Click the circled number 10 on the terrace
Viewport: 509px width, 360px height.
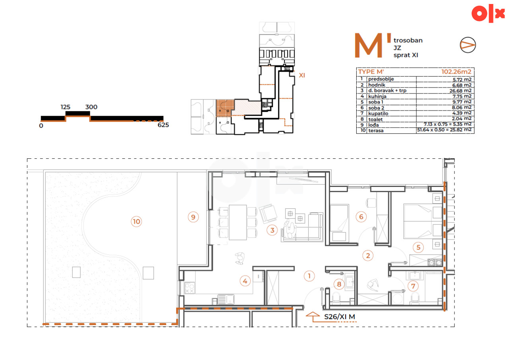[x=136, y=221]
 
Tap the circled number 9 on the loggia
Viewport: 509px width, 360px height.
[x=193, y=217]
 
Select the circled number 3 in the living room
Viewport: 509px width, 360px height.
[x=272, y=230]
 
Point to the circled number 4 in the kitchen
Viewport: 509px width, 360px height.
[x=245, y=281]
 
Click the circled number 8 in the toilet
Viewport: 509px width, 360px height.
[x=339, y=284]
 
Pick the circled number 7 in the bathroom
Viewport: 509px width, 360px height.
[x=413, y=286]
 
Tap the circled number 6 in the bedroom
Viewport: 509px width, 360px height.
[x=361, y=217]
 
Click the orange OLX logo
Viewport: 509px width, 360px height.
[x=488, y=14]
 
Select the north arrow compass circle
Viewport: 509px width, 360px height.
[x=468, y=45]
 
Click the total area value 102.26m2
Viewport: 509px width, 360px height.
[x=456, y=72]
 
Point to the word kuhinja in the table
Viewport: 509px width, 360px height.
[x=377, y=96]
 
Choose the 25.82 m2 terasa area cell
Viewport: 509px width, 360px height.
[x=444, y=130]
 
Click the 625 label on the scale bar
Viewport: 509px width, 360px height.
[x=163, y=125]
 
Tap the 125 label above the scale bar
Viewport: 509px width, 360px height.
[x=66, y=107]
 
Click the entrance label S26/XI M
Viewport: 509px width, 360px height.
[x=340, y=317]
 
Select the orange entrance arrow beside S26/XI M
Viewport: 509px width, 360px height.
[x=313, y=316]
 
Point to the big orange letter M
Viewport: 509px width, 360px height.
[x=368, y=45]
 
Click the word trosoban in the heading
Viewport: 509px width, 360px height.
[x=408, y=41]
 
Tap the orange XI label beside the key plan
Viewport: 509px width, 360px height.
[x=302, y=75]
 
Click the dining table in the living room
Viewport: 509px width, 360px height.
[x=238, y=222]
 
